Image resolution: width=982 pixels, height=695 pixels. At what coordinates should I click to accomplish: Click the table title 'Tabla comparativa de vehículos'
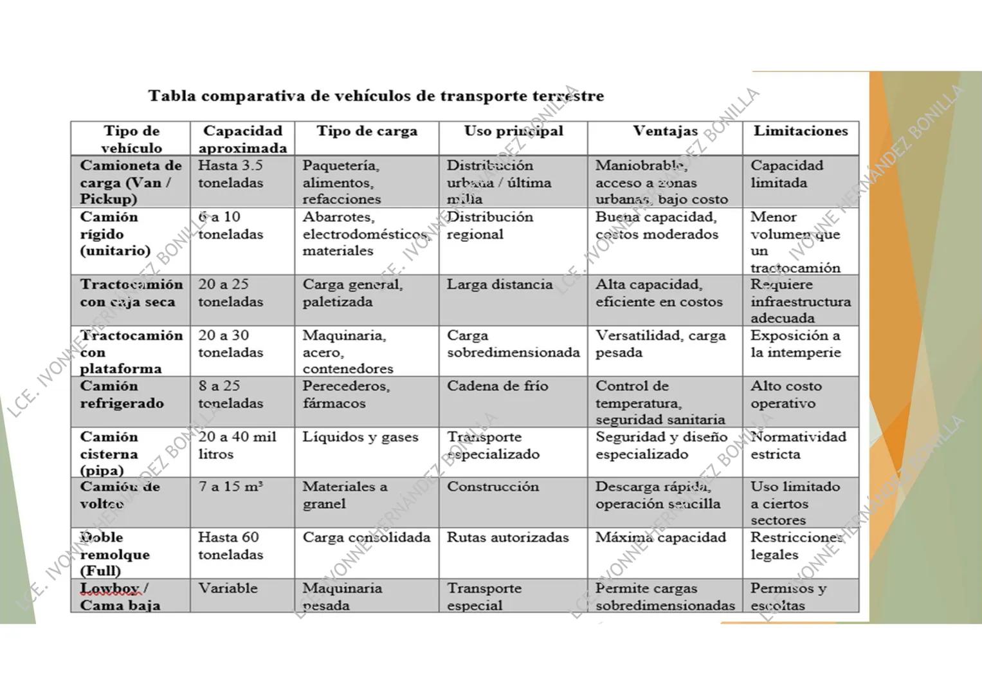coord(376,97)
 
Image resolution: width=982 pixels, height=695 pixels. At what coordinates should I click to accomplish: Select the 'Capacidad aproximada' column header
coord(242,139)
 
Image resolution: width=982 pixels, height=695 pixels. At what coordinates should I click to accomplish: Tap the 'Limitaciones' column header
coord(801,131)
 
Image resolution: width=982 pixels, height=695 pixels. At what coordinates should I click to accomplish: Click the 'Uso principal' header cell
coord(513,131)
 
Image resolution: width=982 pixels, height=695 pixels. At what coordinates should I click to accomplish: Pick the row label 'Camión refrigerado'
coord(122,395)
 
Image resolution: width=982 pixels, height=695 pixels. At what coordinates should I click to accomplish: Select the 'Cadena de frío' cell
coord(498,386)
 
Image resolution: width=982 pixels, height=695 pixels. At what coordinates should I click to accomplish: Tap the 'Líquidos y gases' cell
coord(360,437)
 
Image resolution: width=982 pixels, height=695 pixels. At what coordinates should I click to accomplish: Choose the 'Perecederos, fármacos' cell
coord(346,395)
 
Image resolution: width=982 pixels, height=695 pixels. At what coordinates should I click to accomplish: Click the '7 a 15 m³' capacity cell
coord(231,487)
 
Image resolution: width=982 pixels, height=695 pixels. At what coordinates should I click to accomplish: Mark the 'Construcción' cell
coord(493,487)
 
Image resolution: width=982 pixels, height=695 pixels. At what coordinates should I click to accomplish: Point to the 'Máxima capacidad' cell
coord(660,537)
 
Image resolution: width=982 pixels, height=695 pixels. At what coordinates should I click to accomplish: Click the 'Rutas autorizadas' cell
coord(508,537)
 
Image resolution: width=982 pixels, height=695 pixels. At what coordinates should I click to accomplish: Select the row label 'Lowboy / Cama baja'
coord(120,597)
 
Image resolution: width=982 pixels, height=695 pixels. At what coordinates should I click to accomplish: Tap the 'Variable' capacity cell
coord(228,588)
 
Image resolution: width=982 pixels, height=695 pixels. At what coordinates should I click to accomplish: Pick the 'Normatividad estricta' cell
coord(798,445)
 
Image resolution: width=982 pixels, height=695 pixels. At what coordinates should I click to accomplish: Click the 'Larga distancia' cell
coord(500,284)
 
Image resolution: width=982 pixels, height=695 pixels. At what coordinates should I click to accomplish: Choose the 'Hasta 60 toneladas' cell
coord(231,546)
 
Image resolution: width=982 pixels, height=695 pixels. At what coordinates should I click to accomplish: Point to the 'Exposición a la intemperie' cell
coord(796,344)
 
